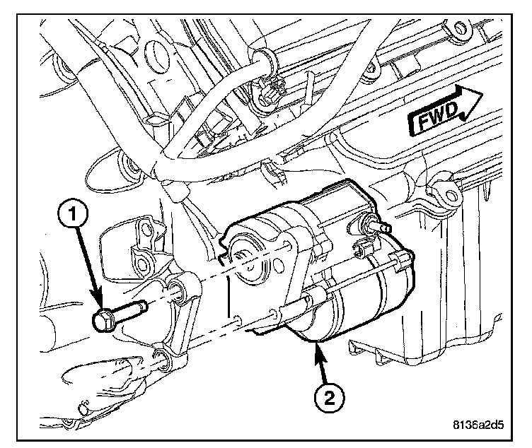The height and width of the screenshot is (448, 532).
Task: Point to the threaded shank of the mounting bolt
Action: (x=130, y=312)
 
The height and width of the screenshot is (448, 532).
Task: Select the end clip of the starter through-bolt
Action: (x=403, y=260)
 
